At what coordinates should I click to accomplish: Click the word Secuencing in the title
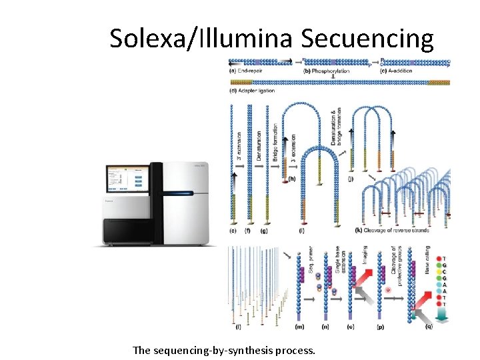coord(367,38)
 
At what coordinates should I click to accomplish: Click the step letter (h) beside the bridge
coord(291,179)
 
